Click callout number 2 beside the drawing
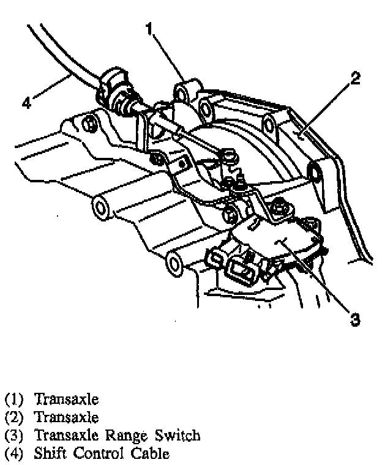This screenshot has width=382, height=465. [x=355, y=78]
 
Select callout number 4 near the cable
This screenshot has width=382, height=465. [x=26, y=103]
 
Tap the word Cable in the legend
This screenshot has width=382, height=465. [x=149, y=453]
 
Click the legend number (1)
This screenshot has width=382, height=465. [x=13, y=400]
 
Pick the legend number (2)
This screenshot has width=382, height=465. [x=13, y=418]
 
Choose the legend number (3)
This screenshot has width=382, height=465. [x=13, y=436]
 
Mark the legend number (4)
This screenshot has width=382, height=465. [x=13, y=453]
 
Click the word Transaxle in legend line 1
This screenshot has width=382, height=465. [x=66, y=400]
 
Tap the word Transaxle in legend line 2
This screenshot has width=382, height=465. [x=66, y=418]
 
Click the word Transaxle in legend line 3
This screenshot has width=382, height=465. [x=66, y=436]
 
